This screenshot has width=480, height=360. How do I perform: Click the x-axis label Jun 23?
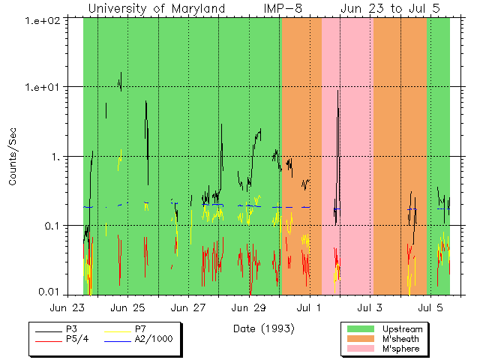pos(67,307)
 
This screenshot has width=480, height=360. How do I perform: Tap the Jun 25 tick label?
pos(128,307)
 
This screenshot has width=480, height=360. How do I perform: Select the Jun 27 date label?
pos(189,307)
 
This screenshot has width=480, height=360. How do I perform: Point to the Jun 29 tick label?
pos(249,307)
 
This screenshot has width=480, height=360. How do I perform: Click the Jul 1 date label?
pos(309,307)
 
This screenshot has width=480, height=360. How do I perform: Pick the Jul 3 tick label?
pos(370,307)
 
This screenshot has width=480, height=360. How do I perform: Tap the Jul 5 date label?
pos(430,307)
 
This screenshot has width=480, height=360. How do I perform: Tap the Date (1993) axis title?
pos(263,328)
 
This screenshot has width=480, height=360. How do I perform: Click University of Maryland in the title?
pos(157,9)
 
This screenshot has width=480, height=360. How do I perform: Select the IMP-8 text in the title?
pos(283,9)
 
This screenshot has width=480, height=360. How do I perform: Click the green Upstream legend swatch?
pos(360,329)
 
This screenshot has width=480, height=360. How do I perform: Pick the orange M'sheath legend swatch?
pos(360,339)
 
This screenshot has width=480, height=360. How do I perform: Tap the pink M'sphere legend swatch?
pos(360,349)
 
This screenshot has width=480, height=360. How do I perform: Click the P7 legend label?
pos(140,329)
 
